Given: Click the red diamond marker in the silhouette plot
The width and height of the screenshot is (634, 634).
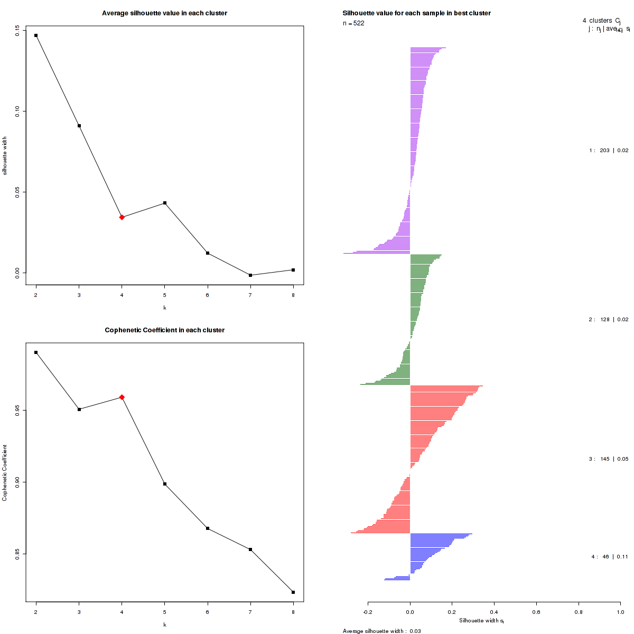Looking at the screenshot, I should pyautogui.click(x=122, y=217).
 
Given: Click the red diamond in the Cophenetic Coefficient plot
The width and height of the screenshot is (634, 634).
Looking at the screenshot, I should pyautogui.click(x=122, y=397).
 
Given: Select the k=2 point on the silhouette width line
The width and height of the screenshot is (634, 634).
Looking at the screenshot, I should pyautogui.click(x=36, y=35).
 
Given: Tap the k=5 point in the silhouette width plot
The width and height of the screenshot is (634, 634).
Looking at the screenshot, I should pyautogui.click(x=165, y=203).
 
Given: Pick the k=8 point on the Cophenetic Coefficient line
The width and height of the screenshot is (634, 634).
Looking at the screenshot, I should pyautogui.click(x=293, y=592).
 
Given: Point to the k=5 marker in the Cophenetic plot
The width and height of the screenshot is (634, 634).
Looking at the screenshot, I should pyautogui.click(x=165, y=484).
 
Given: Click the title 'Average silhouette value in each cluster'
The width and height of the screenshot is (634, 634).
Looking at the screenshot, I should pyautogui.click(x=164, y=13).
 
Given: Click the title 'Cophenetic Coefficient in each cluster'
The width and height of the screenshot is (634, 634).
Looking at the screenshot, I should pyautogui.click(x=164, y=330).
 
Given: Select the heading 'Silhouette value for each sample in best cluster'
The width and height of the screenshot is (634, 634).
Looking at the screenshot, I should pyautogui.click(x=416, y=13).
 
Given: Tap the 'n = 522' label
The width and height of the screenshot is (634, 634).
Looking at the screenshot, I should pyautogui.click(x=353, y=23).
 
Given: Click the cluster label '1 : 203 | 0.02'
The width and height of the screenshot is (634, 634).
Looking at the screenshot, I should pyautogui.click(x=609, y=151).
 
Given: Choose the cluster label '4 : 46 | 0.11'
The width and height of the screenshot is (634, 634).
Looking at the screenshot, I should pyautogui.click(x=610, y=556).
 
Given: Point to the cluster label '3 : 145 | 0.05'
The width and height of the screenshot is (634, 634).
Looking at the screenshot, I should pyautogui.click(x=609, y=459).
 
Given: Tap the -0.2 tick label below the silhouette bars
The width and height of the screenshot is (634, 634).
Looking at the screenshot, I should pyautogui.click(x=368, y=612).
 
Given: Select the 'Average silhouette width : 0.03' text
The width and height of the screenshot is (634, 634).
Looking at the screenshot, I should pyautogui.click(x=381, y=631).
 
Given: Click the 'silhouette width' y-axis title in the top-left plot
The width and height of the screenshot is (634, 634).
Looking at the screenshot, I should pyautogui.click(x=5, y=156).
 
